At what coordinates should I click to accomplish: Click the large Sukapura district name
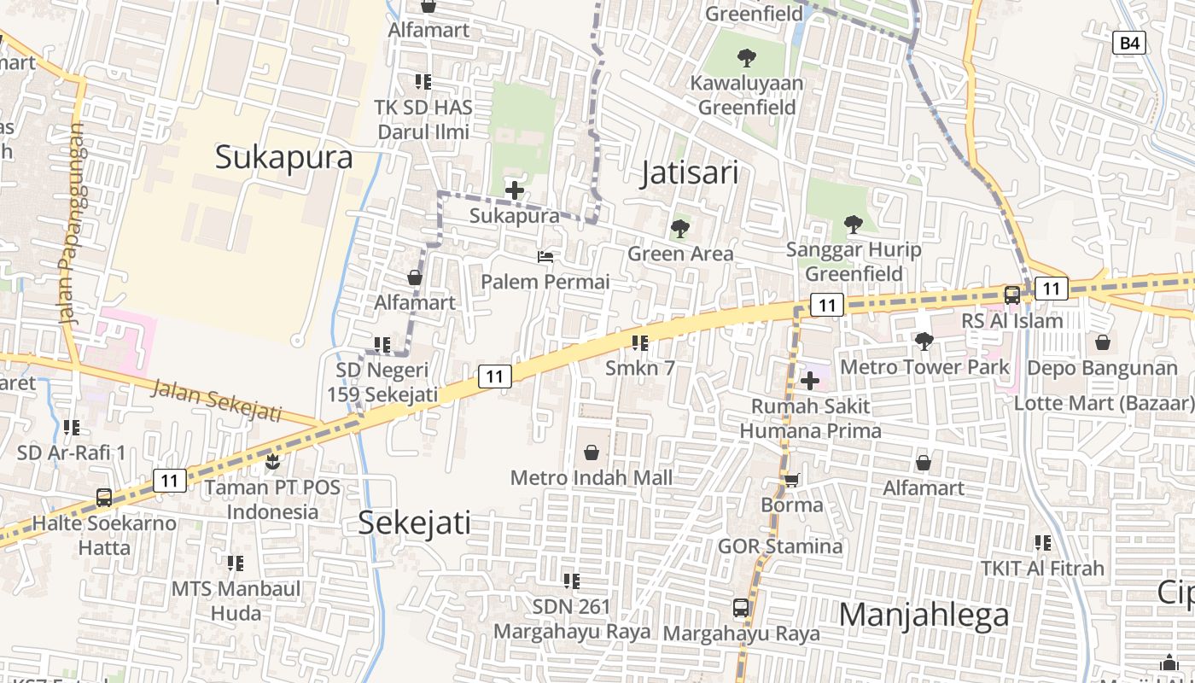[x=283, y=158]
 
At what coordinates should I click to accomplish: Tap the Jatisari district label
[x=690, y=173]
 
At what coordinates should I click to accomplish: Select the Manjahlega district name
[x=924, y=615]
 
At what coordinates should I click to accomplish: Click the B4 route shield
[x=1128, y=43]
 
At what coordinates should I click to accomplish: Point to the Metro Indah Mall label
[x=591, y=478]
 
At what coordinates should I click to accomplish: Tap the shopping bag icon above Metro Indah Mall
[x=591, y=452]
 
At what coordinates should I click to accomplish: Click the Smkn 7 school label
[x=639, y=368]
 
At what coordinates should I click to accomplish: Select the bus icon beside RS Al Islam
[x=1011, y=295]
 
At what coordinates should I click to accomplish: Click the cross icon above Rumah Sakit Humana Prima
[x=810, y=380]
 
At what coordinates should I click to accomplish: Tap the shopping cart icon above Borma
[x=791, y=480]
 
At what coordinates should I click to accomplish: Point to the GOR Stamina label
[x=779, y=546]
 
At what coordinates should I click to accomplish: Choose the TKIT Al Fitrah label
[x=1041, y=568]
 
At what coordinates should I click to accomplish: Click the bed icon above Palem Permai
[x=545, y=256]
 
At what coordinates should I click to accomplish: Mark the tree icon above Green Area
[x=679, y=228]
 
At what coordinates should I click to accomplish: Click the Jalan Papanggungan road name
[x=73, y=224]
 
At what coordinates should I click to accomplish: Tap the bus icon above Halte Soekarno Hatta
[x=104, y=497]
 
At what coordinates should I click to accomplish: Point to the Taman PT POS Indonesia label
[x=272, y=499]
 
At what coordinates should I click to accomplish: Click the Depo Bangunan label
[x=1102, y=368]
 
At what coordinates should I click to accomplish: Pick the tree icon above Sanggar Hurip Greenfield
[x=852, y=225]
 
